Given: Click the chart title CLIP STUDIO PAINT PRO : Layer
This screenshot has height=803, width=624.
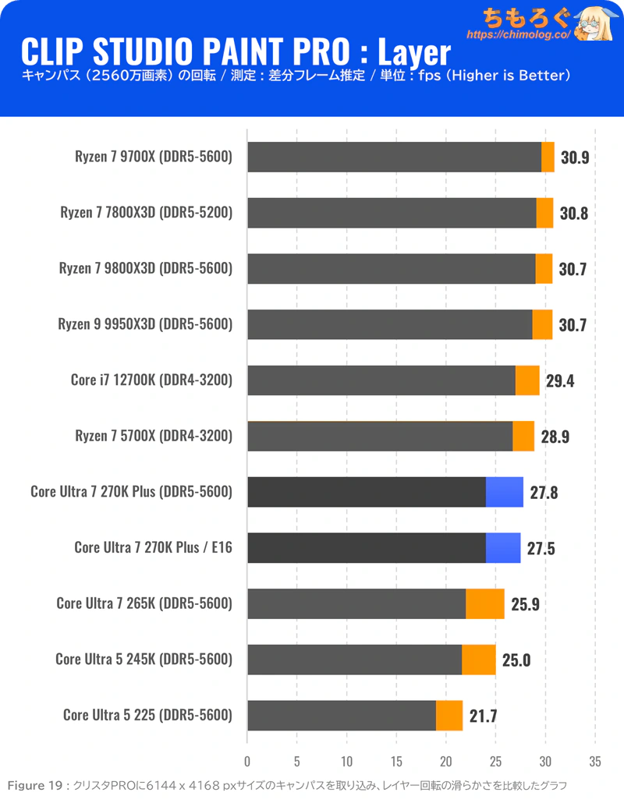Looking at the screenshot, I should point(235,52).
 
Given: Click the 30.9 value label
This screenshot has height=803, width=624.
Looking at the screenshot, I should point(574,157).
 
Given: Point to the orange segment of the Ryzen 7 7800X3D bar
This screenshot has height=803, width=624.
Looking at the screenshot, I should point(544,213).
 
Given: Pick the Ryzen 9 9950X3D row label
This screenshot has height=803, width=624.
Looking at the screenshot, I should point(146,324).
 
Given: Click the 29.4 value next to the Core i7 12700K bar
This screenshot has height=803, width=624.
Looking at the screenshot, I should point(558,380).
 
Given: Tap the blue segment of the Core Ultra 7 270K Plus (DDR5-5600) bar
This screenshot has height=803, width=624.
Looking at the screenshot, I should point(504,492).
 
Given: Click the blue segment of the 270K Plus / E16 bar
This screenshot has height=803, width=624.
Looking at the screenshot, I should point(502,547).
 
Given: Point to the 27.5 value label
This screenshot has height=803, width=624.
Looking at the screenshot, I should point(541,548).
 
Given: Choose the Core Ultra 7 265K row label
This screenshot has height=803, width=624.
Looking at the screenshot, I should point(144,603).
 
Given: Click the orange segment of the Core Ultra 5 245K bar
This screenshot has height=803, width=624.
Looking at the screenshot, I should point(478,660).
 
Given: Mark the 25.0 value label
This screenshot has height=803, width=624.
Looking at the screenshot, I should point(516,660).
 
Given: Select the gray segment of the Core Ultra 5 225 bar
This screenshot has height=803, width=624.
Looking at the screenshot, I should point(342,715).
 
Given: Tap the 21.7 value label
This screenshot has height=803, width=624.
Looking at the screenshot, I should point(481,716).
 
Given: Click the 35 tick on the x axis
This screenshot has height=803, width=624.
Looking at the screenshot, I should point(595,761).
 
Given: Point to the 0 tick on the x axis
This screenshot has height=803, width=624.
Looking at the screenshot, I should point(247,761).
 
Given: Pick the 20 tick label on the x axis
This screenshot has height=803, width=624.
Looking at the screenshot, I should point(446,761).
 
